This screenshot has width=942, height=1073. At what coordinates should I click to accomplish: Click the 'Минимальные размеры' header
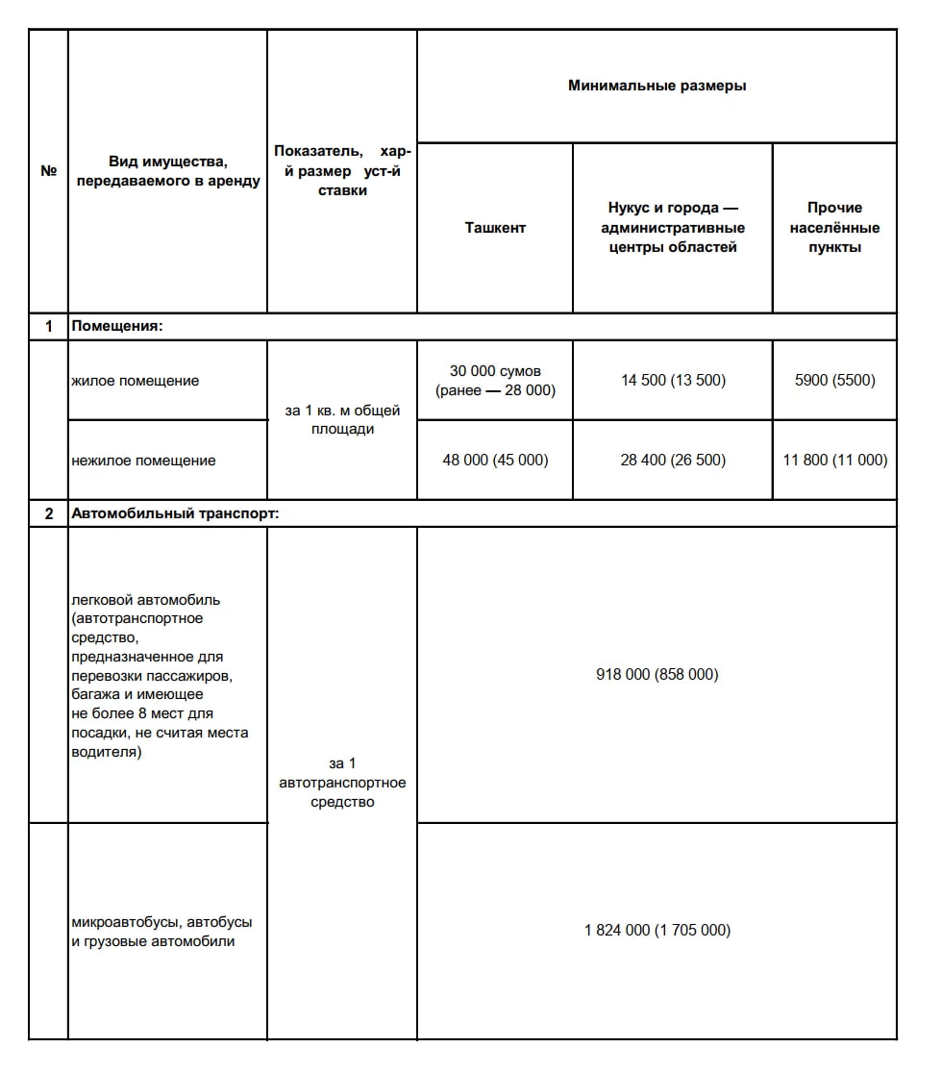tap(657, 86)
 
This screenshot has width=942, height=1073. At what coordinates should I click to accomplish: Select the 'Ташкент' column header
tap(495, 228)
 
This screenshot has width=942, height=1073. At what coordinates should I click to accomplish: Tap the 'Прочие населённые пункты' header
tap(834, 228)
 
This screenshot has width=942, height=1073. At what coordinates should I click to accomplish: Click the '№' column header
tap(48, 171)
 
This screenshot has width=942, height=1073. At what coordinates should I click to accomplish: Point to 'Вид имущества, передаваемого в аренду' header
tap(168, 171)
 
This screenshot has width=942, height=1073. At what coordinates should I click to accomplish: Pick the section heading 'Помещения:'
tap(117, 327)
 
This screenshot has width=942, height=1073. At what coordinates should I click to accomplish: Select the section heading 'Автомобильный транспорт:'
tap(175, 513)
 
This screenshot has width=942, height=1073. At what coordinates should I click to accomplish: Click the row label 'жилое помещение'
tap(136, 381)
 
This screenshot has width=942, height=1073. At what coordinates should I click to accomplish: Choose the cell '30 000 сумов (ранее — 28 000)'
tap(495, 381)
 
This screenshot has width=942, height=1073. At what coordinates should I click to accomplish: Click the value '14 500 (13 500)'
tap(673, 381)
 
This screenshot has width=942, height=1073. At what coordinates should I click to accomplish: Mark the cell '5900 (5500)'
tap(834, 381)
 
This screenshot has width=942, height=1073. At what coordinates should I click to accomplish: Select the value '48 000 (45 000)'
tap(495, 461)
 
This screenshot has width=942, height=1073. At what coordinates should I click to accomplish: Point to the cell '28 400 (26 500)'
tap(673, 461)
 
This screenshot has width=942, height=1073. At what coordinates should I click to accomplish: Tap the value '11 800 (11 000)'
tap(834, 461)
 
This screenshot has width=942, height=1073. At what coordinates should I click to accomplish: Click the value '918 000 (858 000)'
tap(657, 675)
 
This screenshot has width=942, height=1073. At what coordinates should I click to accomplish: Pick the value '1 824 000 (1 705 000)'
tap(657, 931)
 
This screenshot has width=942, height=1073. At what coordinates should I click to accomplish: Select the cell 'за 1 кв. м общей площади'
tap(342, 420)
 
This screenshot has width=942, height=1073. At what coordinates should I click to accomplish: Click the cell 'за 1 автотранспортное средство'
tap(342, 783)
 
